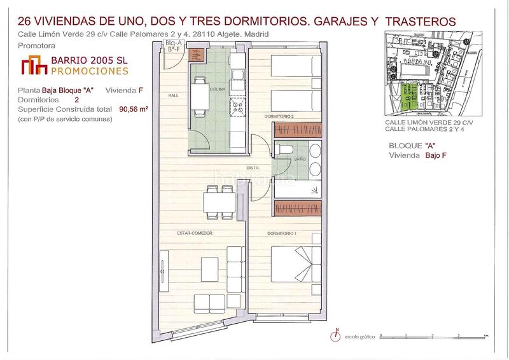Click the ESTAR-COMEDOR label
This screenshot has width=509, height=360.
pyautogui.click(x=194, y=233)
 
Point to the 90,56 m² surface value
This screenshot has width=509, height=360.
pyautogui.click(x=134, y=109)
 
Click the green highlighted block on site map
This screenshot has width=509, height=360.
pyautogui.click(x=411, y=96)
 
